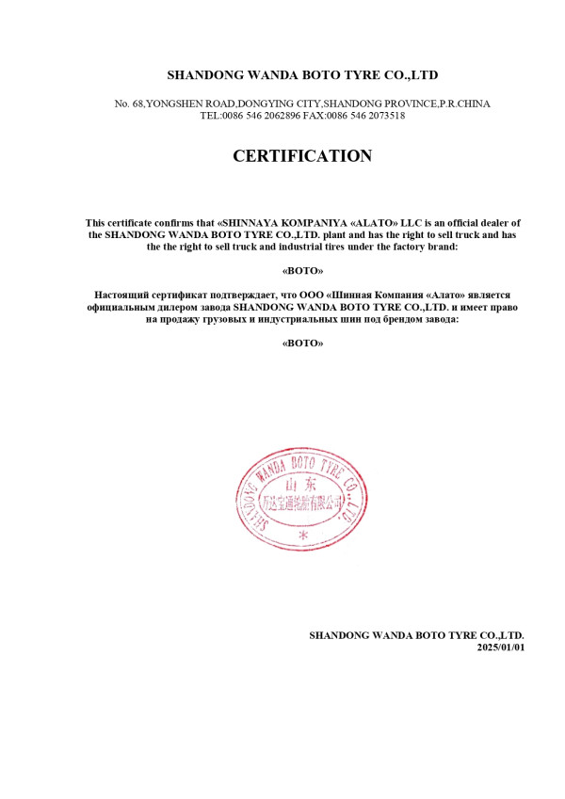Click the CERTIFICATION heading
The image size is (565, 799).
[x=302, y=157]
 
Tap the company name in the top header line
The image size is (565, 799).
[x=302, y=73]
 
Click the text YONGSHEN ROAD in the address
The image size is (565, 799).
[x=189, y=104]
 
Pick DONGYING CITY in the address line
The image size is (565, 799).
[x=281, y=104]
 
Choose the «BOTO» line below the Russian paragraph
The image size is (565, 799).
[x=302, y=344]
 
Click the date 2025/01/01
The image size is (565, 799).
[x=500, y=647]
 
